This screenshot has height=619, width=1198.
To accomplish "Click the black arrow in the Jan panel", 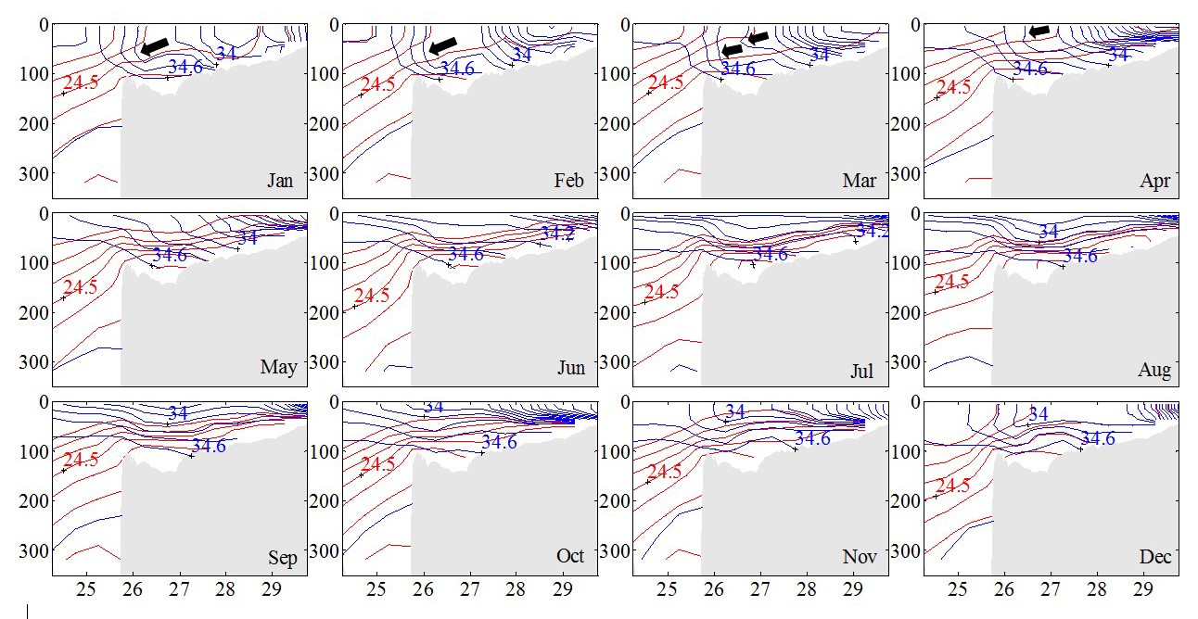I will [155, 45].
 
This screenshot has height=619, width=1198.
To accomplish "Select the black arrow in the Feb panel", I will [444, 45].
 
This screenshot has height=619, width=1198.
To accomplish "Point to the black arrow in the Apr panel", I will [1039, 32].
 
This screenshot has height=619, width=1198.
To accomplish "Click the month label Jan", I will [280, 181].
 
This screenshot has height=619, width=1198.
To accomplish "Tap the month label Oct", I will [570, 556].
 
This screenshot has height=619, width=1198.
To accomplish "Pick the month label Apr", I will [1155, 182].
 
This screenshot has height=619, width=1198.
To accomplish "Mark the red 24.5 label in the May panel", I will [79, 287].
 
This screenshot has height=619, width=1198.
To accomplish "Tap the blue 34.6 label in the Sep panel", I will [209, 446].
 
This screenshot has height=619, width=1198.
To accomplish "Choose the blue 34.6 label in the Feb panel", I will [456, 68].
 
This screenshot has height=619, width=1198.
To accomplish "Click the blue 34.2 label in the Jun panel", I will [557, 233].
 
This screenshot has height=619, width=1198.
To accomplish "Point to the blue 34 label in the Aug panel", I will [1048, 232].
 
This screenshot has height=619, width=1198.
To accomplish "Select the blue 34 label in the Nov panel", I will [734, 411].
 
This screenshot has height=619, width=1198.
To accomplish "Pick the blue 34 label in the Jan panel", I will [226, 54].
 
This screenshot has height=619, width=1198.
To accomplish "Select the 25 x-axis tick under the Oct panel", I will [377, 589].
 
